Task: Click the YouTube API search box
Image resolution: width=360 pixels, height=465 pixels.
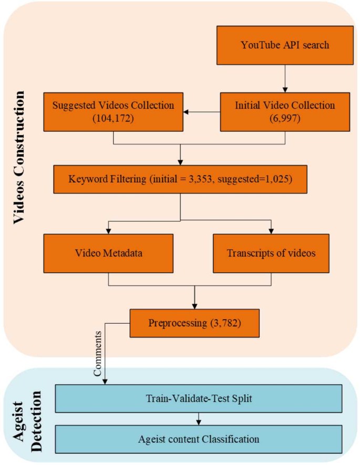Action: point(284,44)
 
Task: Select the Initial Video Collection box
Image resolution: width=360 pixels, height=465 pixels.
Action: point(284,111)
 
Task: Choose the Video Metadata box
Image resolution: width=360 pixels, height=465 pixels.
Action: point(108,253)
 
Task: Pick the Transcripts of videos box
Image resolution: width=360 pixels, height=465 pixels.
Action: point(271,253)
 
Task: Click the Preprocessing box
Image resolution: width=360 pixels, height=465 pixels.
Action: point(194,322)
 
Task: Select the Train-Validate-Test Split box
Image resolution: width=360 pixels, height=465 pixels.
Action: point(199,399)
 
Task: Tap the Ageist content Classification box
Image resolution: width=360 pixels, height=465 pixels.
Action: point(199,437)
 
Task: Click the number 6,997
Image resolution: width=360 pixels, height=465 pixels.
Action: point(284,118)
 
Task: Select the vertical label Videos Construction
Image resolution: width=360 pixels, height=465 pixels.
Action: point(19,158)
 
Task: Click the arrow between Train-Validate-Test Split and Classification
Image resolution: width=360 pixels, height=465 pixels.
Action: point(199,418)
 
